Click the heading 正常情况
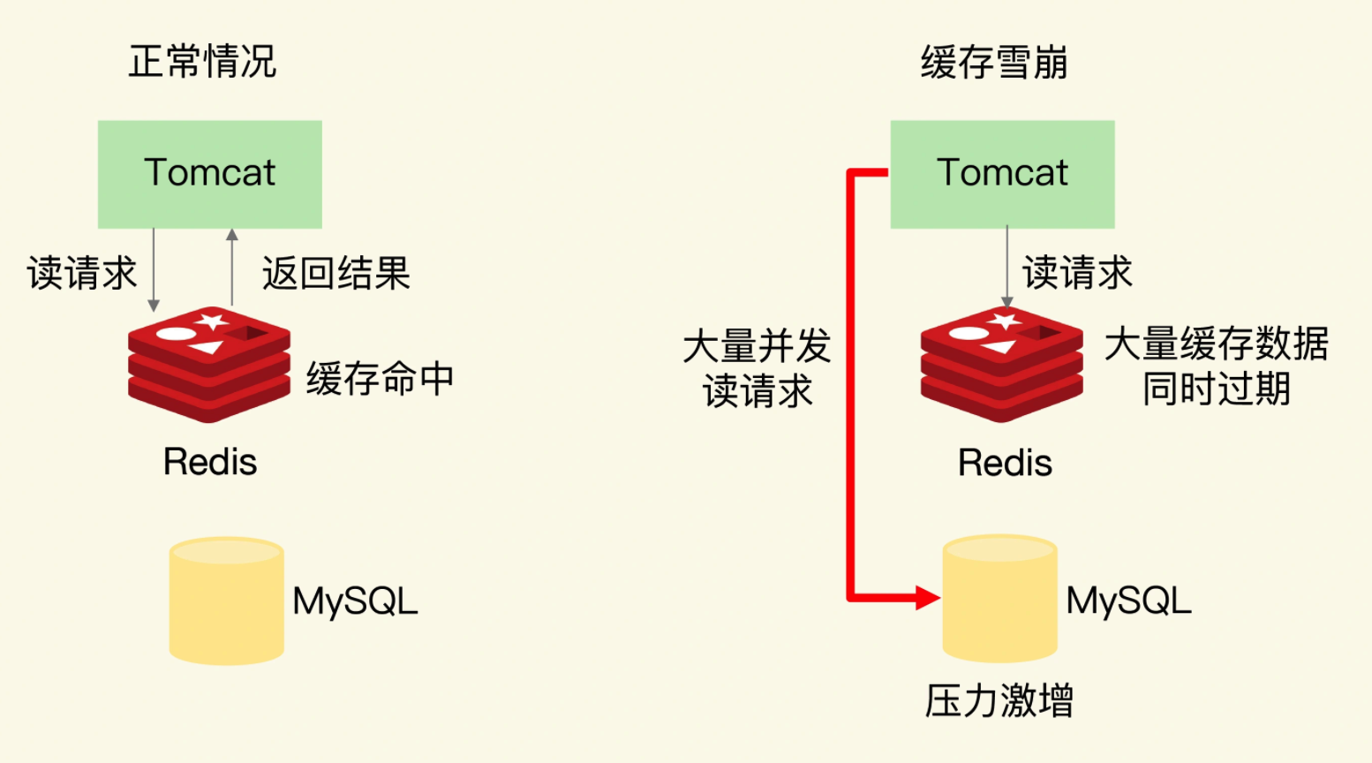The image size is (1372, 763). pos(202,62)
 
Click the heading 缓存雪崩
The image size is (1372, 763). pos(994,62)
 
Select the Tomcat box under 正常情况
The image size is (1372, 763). pos(209,174)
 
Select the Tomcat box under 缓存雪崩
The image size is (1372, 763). pos(1002,174)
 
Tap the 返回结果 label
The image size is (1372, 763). pos(336,273)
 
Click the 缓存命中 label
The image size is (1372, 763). pos(380,379)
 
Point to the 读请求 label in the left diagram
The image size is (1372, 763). pos(82,273)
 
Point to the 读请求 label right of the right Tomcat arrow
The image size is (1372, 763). pos(1077,273)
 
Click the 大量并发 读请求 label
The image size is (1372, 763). pos(758,368)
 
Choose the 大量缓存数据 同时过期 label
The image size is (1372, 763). pos(1216,366)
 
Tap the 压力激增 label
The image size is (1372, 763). pos(999,701)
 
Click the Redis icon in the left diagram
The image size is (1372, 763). pos(209,364)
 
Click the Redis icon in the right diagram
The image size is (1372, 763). pos(1001,364)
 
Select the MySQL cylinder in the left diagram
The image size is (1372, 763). pos(227,601)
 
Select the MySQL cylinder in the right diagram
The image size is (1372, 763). pos(999,599)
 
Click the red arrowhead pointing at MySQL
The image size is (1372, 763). pos(927,598)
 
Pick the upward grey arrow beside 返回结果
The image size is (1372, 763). pos(232,265)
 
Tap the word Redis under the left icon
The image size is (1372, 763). pos(210,462)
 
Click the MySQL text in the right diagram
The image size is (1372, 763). pos(1128,601)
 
